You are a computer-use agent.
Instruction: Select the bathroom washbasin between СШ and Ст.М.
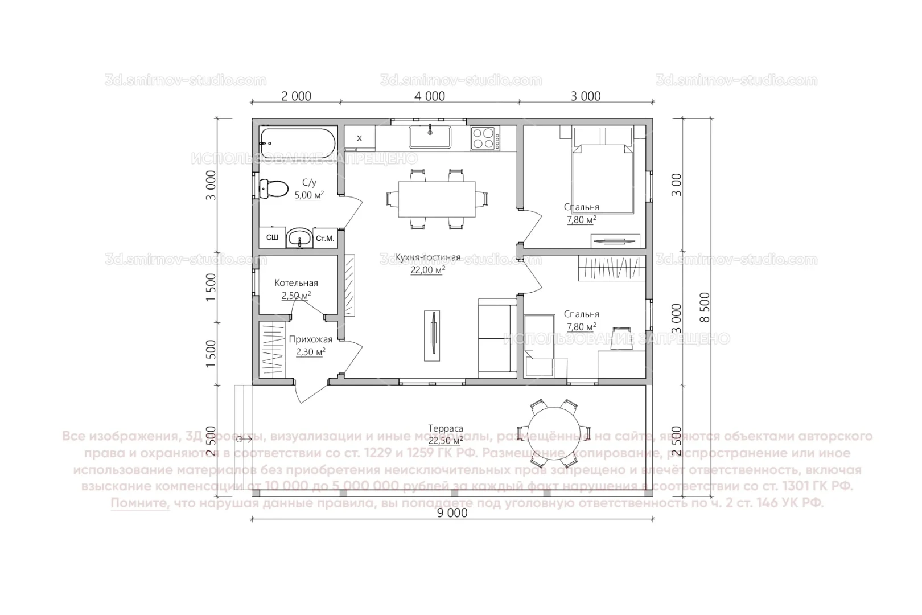[299, 238]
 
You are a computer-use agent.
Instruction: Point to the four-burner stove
[485, 138]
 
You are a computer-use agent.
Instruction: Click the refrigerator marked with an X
[359, 138]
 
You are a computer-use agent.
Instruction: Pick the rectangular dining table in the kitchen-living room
[437, 199]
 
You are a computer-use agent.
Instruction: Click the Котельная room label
[296, 283]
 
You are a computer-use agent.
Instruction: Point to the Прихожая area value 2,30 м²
[310, 352]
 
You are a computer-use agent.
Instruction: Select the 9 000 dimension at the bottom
[452, 512]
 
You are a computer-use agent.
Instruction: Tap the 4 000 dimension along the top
[430, 96]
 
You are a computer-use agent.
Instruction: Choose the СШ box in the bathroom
[272, 238]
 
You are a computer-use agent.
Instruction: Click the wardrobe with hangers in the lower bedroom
[612, 268]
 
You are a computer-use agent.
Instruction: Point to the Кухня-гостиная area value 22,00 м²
[427, 270]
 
